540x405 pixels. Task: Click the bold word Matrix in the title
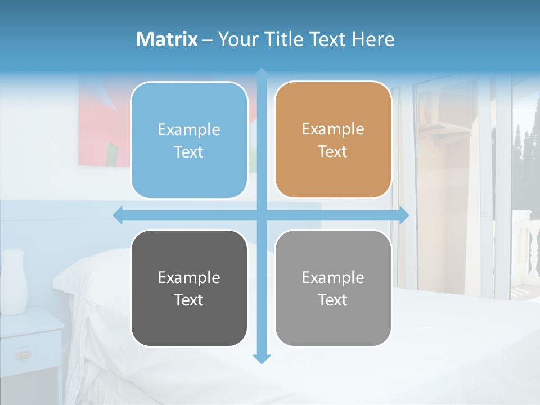click(166, 39)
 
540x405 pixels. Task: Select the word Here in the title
click(373, 39)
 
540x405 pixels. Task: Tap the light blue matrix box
click(189, 140)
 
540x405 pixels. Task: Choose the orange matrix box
click(333, 140)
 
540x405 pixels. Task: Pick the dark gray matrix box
click(189, 288)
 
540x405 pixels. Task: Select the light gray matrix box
click(333, 288)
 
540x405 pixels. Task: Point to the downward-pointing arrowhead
click(261, 358)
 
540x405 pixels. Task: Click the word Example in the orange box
click(333, 129)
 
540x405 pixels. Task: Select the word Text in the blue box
click(189, 152)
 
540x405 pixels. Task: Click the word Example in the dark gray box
click(189, 277)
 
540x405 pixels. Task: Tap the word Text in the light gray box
click(333, 300)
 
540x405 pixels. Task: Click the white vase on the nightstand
click(13, 281)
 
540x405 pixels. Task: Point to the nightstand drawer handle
click(24, 354)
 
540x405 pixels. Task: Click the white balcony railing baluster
click(529, 247)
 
